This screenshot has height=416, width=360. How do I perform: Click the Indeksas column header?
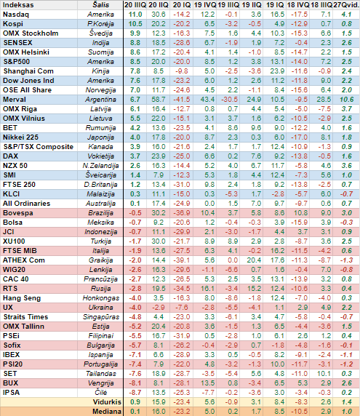click(x=18, y=5)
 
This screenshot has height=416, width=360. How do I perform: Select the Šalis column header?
click(x=101, y=5)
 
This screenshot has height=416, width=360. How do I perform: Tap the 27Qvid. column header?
click(x=346, y=5)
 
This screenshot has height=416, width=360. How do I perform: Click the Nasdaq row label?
click(x=16, y=15)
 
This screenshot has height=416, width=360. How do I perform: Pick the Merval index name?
click(x=15, y=100)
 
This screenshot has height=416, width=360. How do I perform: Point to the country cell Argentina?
click(x=100, y=100)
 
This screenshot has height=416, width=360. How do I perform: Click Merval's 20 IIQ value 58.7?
click(x=159, y=100)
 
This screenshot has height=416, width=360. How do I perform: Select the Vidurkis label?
click(x=107, y=402)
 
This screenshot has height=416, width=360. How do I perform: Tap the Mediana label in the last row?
click(x=107, y=412)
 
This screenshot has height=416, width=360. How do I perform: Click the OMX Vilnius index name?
click(x=24, y=119)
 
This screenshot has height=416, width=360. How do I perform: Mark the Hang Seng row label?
click(x=22, y=298)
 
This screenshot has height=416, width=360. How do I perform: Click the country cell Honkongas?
click(x=101, y=298)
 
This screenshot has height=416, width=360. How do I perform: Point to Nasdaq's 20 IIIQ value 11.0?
click(x=135, y=15)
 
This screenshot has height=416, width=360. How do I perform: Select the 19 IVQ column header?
click(x=204, y=5)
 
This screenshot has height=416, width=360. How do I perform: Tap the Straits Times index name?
click(x=25, y=317)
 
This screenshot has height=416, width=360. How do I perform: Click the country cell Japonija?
click(x=100, y=137)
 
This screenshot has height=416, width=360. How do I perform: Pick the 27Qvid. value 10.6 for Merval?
click(x=346, y=100)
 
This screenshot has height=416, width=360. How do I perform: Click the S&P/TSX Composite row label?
click(x=39, y=147)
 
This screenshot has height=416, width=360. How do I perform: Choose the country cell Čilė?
click(x=101, y=393)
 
